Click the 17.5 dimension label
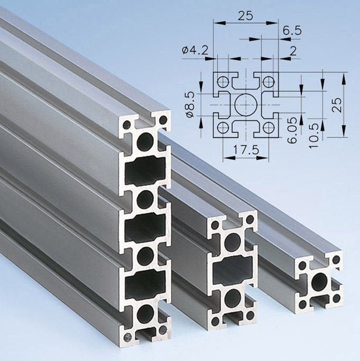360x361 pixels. pyautogui.click(x=246, y=150)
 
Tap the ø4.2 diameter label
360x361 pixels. pyautogui.click(x=195, y=50)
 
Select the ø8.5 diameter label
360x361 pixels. pyautogui.click(x=191, y=105)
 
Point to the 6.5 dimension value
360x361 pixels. pyautogui.click(x=292, y=30)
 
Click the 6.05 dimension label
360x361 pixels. pyautogui.click(x=292, y=130)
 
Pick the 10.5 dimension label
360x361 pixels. pyautogui.click(x=314, y=135)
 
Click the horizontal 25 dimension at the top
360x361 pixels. pyautogui.click(x=245, y=16)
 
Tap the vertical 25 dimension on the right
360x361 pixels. pyautogui.click(x=336, y=105)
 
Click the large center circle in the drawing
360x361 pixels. pyautogui.click(x=246, y=105)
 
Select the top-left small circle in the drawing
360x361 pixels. pyautogui.click(x=223, y=81)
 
